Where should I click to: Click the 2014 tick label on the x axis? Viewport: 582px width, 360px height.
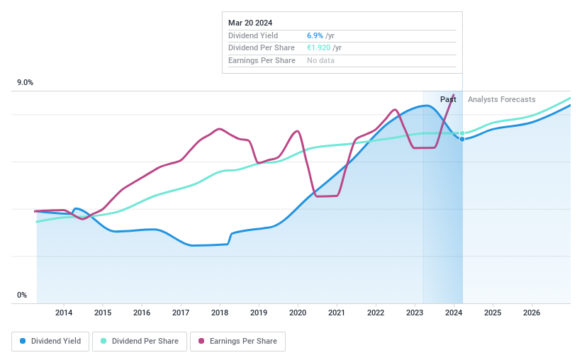pyautogui.click(x=64, y=313)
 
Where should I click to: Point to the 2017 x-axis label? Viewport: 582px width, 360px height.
pyautogui.click(x=181, y=313)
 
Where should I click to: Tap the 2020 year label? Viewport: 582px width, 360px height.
pyautogui.click(x=298, y=313)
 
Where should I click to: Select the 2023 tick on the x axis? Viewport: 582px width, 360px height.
pyautogui.click(x=415, y=313)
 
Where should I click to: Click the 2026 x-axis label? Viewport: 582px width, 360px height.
pyautogui.click(x=532, y=313)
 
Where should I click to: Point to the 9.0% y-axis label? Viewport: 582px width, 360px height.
pyautogui.click(x=25, y=83)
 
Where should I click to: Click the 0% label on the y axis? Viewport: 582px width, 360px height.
pyautogui.click(x=21, y=296)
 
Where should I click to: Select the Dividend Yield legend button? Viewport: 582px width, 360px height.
pyautogui.click(x=50, y=341)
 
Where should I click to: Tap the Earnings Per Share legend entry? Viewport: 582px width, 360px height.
pyautogui.click(x=237, y=341)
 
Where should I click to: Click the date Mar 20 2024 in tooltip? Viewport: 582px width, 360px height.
pyautogui.click(x=250, y=23)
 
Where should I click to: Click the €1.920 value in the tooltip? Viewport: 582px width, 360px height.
pyautogui.click(x=318, y=48)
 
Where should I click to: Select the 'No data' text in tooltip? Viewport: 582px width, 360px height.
pyautogui.click(x=320, y=61)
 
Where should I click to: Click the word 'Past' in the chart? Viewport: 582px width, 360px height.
pyautogui.click(x=448, y=99)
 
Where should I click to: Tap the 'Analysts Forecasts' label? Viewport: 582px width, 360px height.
pyautogui.click(x=501, y=99)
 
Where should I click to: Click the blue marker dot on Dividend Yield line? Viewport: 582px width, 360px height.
pyautogui.click(x=462, y=139)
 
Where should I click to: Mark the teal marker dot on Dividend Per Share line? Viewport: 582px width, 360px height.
pyautogui.click(x=462, y=133)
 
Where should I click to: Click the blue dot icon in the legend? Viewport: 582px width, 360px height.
pyautogui.click(x=23, y=341)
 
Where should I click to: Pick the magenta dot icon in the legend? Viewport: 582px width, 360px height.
pyautogui.click(x=201, y=341)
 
